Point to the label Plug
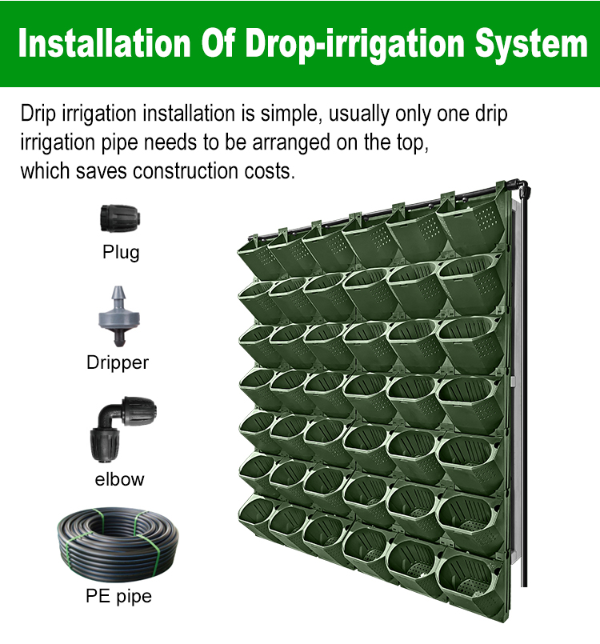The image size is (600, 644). pyautogui.click(x=121, y=253)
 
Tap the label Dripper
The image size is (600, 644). pyautogui.click(x=118, y=362)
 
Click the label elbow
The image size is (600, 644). pyautogui.click(x=119, y=479)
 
